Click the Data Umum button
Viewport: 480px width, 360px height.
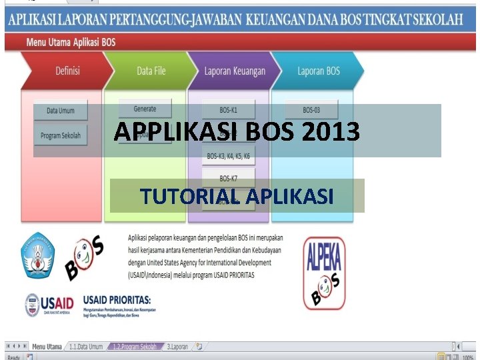[x=60, y=111]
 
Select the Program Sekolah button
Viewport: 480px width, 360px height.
[x=60, y=135]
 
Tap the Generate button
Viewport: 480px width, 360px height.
[x=145, y=109]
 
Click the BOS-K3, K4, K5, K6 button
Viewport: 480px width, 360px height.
[x=228, y=157]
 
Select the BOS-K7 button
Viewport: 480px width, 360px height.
[x=228, y=178]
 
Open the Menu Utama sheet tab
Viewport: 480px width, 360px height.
[x=47, y=347]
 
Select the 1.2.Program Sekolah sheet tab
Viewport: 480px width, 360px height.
[x=135, y=347]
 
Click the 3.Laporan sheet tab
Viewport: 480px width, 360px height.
[x=178, y=347]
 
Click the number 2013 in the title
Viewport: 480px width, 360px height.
[x=330, y=132]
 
